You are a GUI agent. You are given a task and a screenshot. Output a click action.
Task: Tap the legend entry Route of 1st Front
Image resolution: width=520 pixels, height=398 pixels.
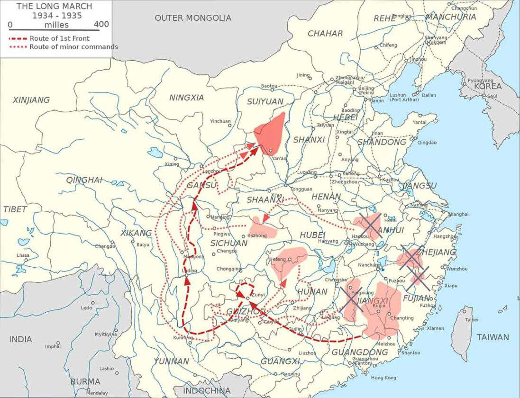pyautogui.click(x=59, y=38)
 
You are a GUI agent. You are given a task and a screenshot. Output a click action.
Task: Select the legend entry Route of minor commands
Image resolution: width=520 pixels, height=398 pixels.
pyautogui.click(x=73, y=47)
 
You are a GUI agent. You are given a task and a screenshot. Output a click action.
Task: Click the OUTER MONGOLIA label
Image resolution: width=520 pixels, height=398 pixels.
pyautogui.click(x=193, y=18)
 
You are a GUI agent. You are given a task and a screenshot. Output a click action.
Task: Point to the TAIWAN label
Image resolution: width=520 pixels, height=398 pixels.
pyautogui.click(x=493, y=337)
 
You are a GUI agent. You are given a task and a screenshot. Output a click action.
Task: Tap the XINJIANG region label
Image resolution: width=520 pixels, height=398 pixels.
pyautogui.click(x=31, y=100)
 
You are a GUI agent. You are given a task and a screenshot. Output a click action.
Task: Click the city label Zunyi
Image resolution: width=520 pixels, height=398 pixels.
pyautogui.click(x=258, y=295)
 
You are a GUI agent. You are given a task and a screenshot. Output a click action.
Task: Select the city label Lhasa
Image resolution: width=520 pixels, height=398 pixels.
pyautogui.click(x=23, y=255)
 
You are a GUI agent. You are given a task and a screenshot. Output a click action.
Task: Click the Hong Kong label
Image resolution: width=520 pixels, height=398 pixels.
pyautogui.click(x=383, y=378)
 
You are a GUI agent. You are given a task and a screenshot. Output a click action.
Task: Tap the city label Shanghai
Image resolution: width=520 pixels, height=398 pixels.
pyautogui.click(x=458, y=214)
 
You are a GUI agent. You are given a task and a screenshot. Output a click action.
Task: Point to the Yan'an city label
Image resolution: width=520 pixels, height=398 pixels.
pyautogui.click(x=279, y=158)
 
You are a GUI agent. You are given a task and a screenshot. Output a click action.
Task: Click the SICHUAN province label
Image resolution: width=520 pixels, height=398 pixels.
pyautogui.click(x=229, y=243)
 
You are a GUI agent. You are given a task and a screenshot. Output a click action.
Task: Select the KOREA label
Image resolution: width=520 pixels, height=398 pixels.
pyautogui.click(x=487, y=87)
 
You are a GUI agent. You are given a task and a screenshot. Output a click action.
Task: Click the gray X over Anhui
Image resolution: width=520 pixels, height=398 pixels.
pyautogui.click(x=370, y=226)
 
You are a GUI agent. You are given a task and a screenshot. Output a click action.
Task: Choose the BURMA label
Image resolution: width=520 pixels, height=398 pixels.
pyautogui.click(x=85, y=381)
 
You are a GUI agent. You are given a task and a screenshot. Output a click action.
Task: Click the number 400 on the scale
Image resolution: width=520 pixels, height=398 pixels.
pyautogui.click(x=101, y=25)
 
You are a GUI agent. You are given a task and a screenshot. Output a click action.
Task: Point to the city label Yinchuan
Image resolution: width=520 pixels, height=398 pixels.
pyautogui.click(x=220, y=121)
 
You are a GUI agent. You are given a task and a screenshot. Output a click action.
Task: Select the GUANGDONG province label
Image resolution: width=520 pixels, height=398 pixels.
pyautogui.click(x=359, y=352)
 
